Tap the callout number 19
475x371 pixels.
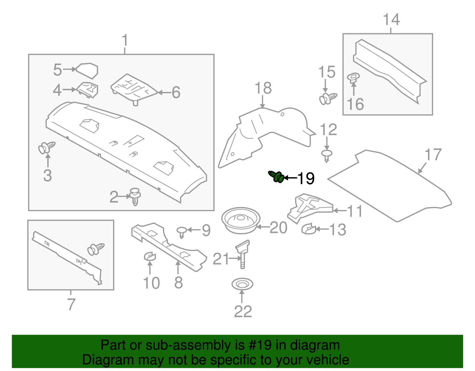pos(306,179)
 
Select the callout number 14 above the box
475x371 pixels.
pos(391,20)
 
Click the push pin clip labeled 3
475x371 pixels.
pos(47,147)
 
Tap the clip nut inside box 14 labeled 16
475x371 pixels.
pos(353,78)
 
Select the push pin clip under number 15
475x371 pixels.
pos(328,98)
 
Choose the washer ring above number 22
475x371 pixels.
pos(242,284)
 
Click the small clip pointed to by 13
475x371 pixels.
pos(309,229)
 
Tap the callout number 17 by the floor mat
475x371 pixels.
pos(433,155)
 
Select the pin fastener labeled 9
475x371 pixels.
pos(182,231)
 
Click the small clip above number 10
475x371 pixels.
pos(150,256)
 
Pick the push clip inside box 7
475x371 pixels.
pos(96,249)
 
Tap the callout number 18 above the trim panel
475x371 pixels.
pos(263,88)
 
